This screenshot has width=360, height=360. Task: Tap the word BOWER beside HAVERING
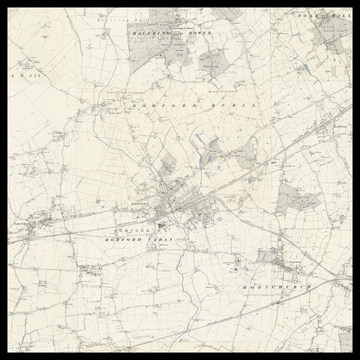tap(201, 33)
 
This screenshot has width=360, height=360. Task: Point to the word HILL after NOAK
tap(334, 17)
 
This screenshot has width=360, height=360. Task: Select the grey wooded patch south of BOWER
tap(212, 64)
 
